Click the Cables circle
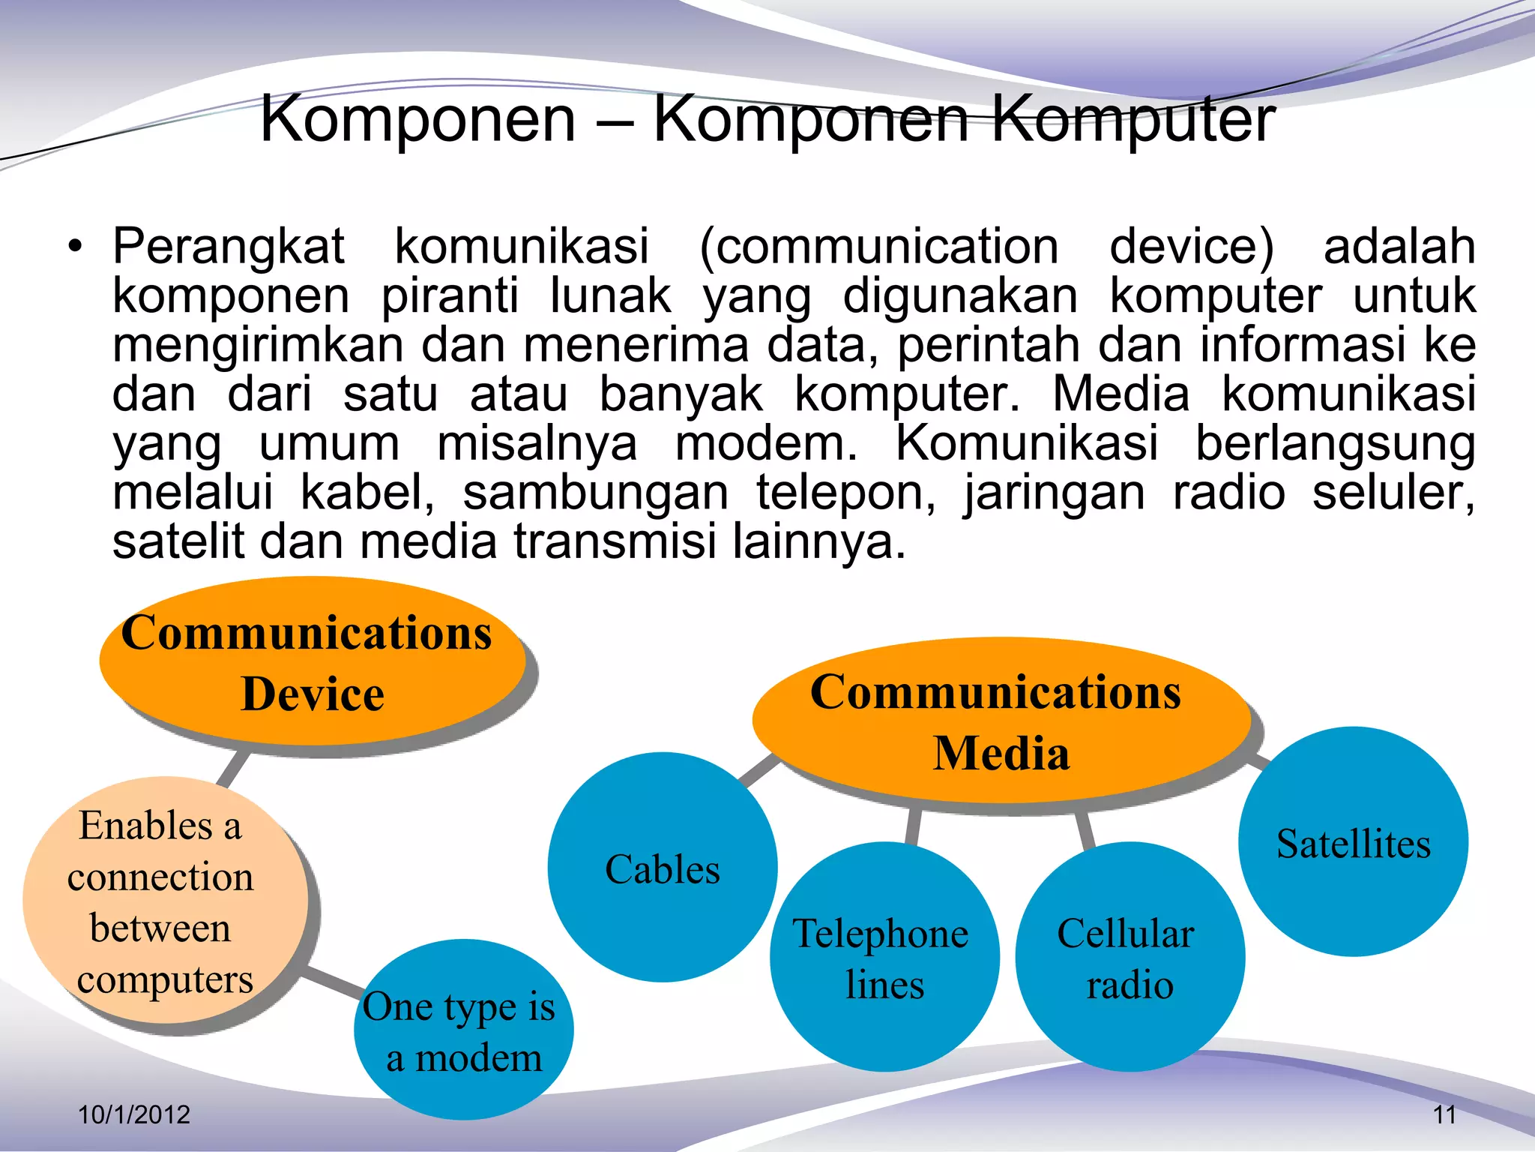pyautogui.click(x=663, y=868)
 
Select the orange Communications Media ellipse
pyautogui.click(x=1000, y=721)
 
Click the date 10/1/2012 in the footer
pyautogui.click(x=134, y=1114)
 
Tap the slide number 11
pyautogui.click(x=1444, y=1114)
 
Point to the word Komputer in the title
pyautogui.click(x=1133, y=120)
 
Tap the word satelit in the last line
pyautogui.click(x=178, y=541)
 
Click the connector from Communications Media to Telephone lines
pyautogui.click(x=912, y=826)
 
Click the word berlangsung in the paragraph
pyautogui.click(x=1334, y=444)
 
